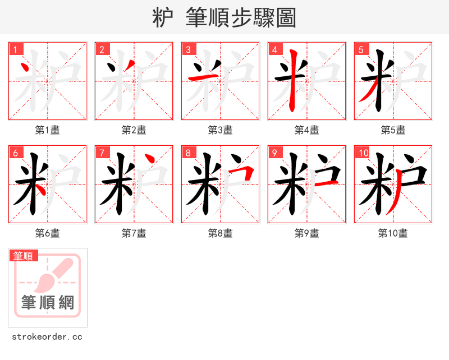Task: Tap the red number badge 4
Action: [275, 49]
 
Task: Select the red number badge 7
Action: [102, 153]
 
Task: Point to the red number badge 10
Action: [364, 153]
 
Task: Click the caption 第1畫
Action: [48, 130]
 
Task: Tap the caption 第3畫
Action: [221, 130]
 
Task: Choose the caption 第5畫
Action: [393, 130]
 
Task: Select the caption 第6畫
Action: [48, 233]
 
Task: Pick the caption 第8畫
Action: [221, 233]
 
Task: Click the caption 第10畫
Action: [393, 233]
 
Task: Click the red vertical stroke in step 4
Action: [292, 81]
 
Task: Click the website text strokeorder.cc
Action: [47, 337]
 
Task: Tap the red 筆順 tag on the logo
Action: [24, 256]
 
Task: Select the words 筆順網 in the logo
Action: [48, 303]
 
